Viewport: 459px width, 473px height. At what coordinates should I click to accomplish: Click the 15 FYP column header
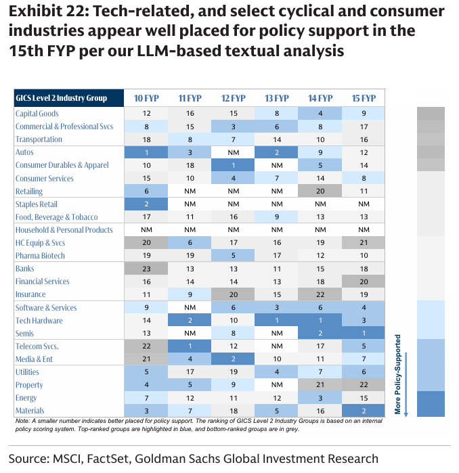pos(364,98)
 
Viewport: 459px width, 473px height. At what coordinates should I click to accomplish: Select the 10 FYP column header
pos(146,98)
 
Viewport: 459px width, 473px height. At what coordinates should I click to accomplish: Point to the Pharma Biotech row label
pos(41,256)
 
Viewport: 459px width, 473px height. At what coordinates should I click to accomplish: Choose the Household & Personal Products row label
pos(64,230)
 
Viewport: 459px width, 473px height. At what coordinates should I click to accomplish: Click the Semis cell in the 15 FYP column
pos(364,333)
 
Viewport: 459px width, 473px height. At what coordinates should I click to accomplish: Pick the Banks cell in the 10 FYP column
pos(146,269)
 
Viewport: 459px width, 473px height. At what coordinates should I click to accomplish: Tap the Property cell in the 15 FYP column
pos(364,385)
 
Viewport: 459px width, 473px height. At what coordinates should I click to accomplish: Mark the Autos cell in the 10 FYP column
pos(146,153)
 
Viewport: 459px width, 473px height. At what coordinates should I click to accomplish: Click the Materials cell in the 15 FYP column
pos(364,411)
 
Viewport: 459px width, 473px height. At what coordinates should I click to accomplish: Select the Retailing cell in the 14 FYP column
pos(320,192)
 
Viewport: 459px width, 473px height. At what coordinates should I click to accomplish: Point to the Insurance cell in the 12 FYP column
pos(233,294)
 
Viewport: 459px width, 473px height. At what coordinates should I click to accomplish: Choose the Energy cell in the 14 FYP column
pos(320,398)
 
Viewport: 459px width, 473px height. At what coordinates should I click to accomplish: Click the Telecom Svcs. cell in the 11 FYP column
pos(190,346)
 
